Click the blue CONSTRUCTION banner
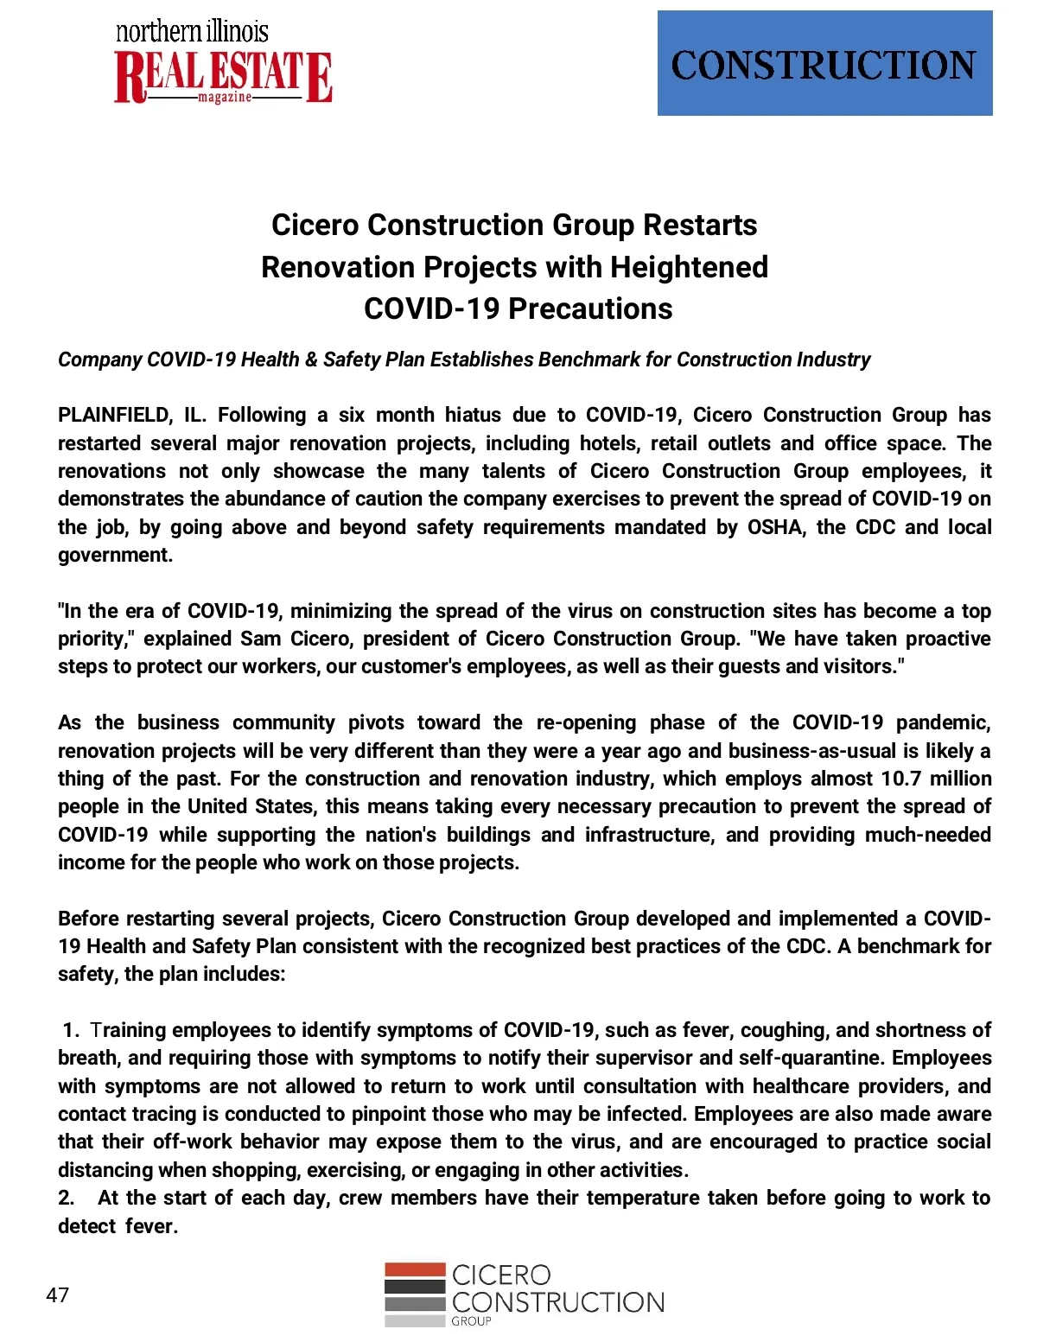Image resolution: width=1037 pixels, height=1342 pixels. [824, 63]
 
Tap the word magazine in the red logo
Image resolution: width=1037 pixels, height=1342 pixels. [225, 97]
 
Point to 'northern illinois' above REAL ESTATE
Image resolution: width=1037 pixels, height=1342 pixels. [192, 32]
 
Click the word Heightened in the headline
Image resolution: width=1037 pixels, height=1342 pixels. [689, 267]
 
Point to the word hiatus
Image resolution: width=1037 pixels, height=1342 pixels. [473, 416]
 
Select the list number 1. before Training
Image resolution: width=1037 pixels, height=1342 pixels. [71, 1030]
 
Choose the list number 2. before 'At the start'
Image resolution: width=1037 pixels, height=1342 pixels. [67, 1199]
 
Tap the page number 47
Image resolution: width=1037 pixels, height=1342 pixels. [58, 1295]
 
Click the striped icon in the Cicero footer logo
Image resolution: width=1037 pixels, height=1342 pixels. [415, 1294]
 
